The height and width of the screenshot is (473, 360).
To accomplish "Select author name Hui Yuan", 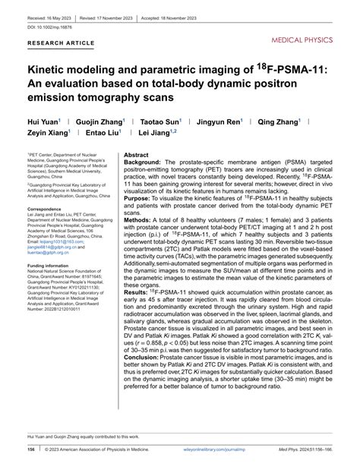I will coord(46,121).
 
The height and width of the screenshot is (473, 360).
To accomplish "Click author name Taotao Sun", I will coord(163,121).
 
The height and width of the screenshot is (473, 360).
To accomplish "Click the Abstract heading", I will coord(136,154).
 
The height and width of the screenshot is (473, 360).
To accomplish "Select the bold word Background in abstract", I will coord(141,162).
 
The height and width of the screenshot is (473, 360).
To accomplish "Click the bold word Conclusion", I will coord(144,378).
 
